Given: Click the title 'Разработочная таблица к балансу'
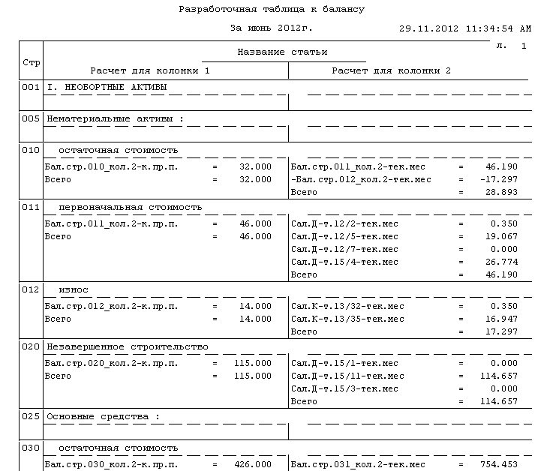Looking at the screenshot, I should [272, 10].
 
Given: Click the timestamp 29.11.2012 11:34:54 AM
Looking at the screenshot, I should [465, 28].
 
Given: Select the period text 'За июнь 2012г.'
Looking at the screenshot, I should [271, 28].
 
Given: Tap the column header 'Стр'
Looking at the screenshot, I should [32, 61].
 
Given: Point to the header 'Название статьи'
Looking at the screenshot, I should [282, 52].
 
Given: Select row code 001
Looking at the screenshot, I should [31, 88].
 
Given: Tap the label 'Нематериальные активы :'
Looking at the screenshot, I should [115, 118].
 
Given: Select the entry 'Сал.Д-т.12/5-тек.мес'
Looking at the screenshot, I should [344, 236].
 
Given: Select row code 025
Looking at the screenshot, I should [31, 415].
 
